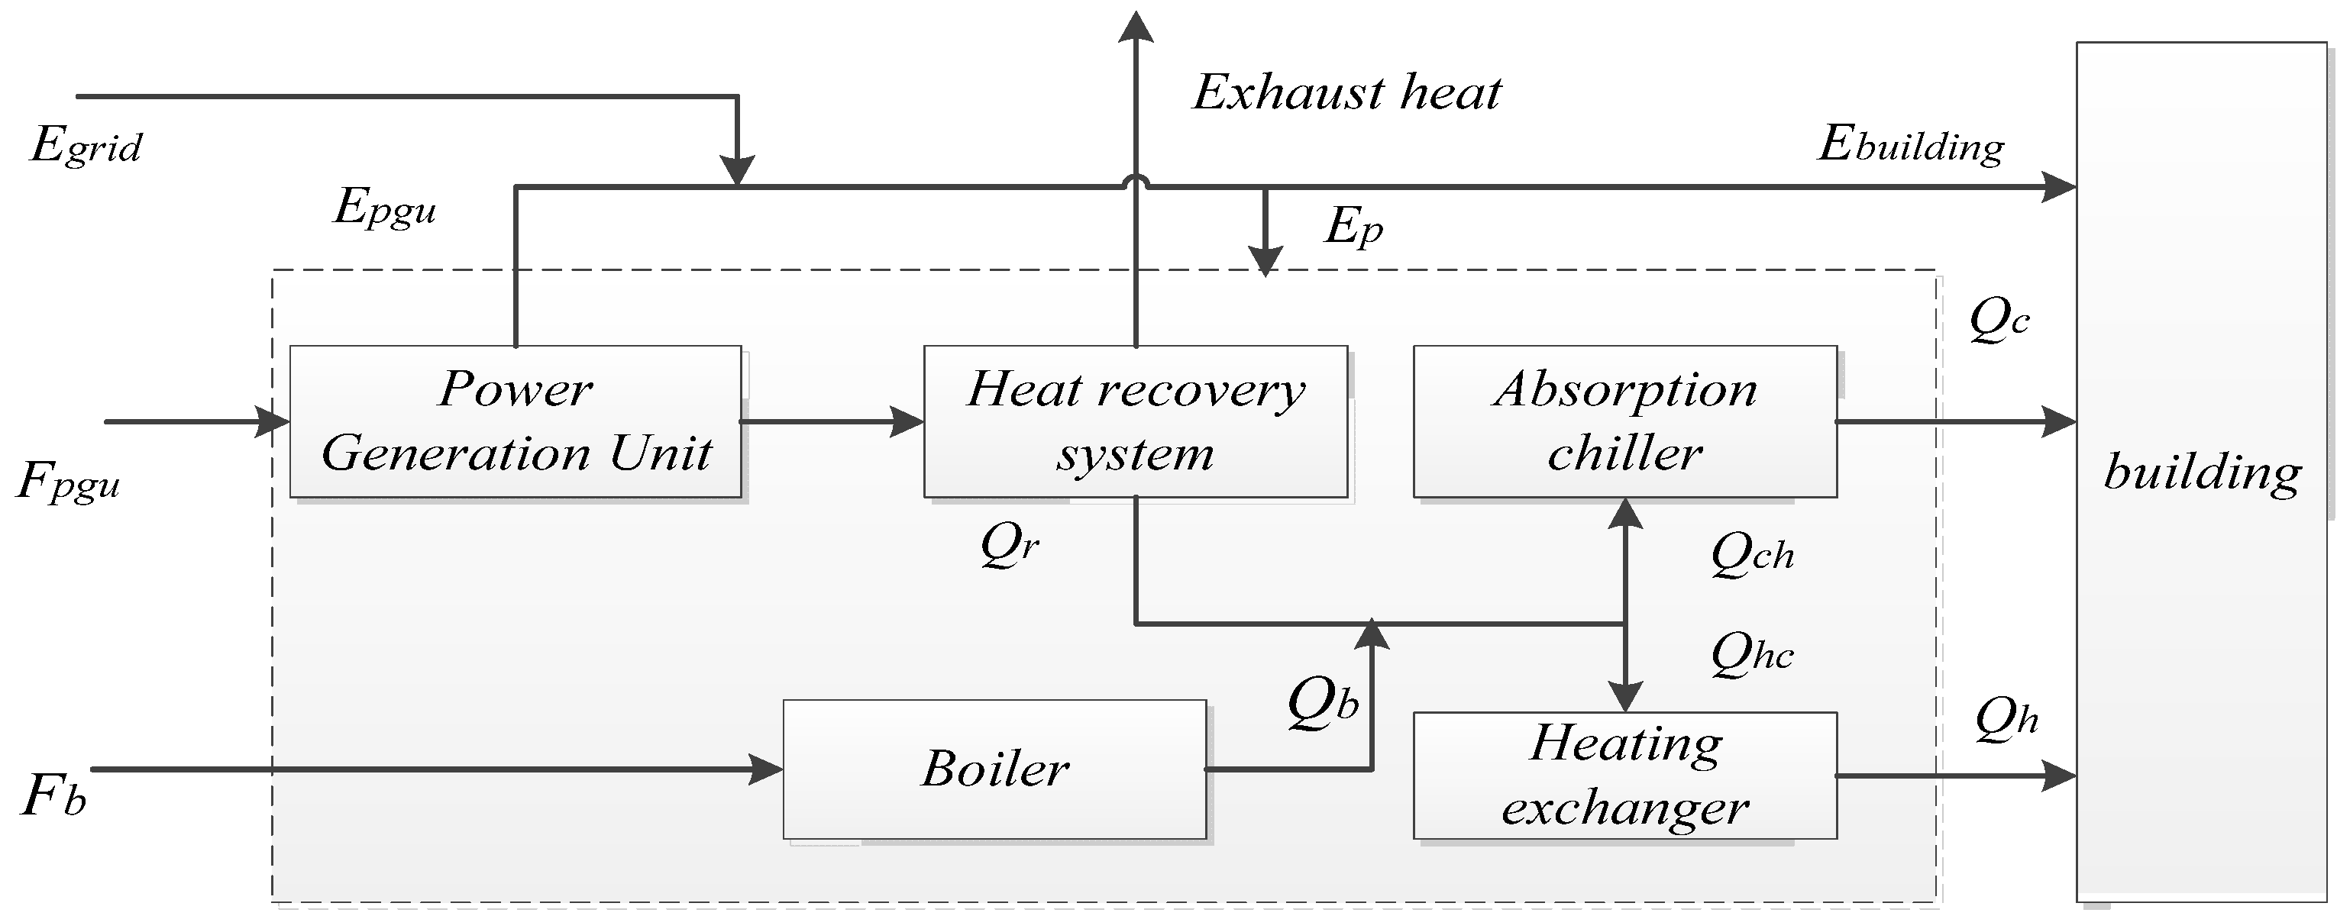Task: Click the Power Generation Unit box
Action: (516, 421)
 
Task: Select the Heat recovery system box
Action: (1135, 421)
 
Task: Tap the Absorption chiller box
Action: (1625, 421)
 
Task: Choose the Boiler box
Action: (994, 769)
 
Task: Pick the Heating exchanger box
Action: (1625, 776)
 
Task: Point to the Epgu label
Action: (386, 208)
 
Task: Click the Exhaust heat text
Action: (1346, 92)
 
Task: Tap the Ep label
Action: (1353, 226)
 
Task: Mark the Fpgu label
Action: (69, 482)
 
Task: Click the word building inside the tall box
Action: (2202, 473)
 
